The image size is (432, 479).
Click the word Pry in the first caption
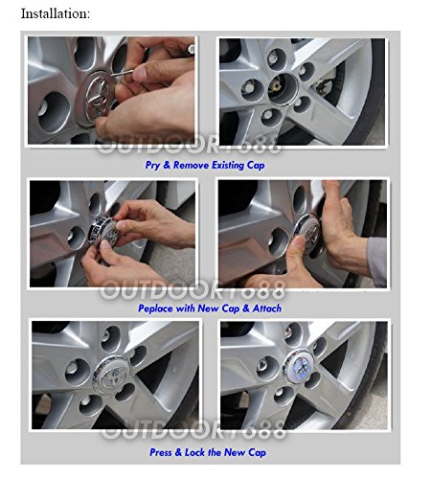(152, 166)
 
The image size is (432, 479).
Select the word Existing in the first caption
(228, 166)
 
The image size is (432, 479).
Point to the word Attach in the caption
(267, 308)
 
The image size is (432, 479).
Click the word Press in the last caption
(161, 452)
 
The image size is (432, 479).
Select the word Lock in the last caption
(195, 452)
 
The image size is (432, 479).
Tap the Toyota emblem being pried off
(97, 95)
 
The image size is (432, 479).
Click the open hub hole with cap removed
(283, 89)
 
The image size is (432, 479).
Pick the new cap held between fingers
(104, 231)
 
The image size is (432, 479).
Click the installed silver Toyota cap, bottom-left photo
(111, 375)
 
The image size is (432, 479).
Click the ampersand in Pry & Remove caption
(167, 166)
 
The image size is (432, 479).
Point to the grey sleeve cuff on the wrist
(377, 262)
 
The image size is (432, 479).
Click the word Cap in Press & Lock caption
(257, 452)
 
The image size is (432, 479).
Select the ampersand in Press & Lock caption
(178, 452)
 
